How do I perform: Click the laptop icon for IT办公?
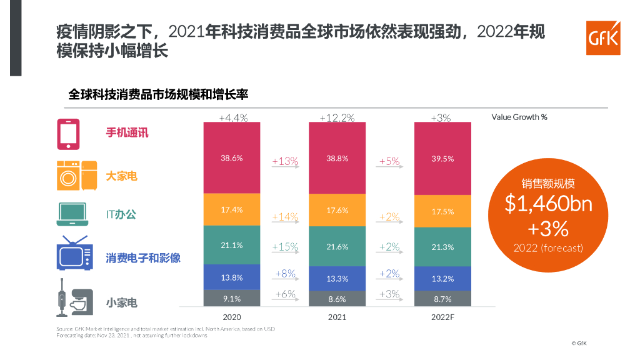coord(72,214)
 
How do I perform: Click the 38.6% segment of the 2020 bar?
coord(231,158)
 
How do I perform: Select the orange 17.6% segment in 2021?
coord(337,211)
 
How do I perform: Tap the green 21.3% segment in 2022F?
coord(442,247)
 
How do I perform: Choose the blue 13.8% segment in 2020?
coord(231,277)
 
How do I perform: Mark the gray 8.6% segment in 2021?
coord(337,299)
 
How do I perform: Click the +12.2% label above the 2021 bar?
coord(337,117)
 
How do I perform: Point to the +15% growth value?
coord(285,247)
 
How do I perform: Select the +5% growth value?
coord(389,161)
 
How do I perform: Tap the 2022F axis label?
coord(442,317)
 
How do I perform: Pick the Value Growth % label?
coord(519,117)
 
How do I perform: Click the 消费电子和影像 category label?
coord(143,257)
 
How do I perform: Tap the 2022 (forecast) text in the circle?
coord(548,248)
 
